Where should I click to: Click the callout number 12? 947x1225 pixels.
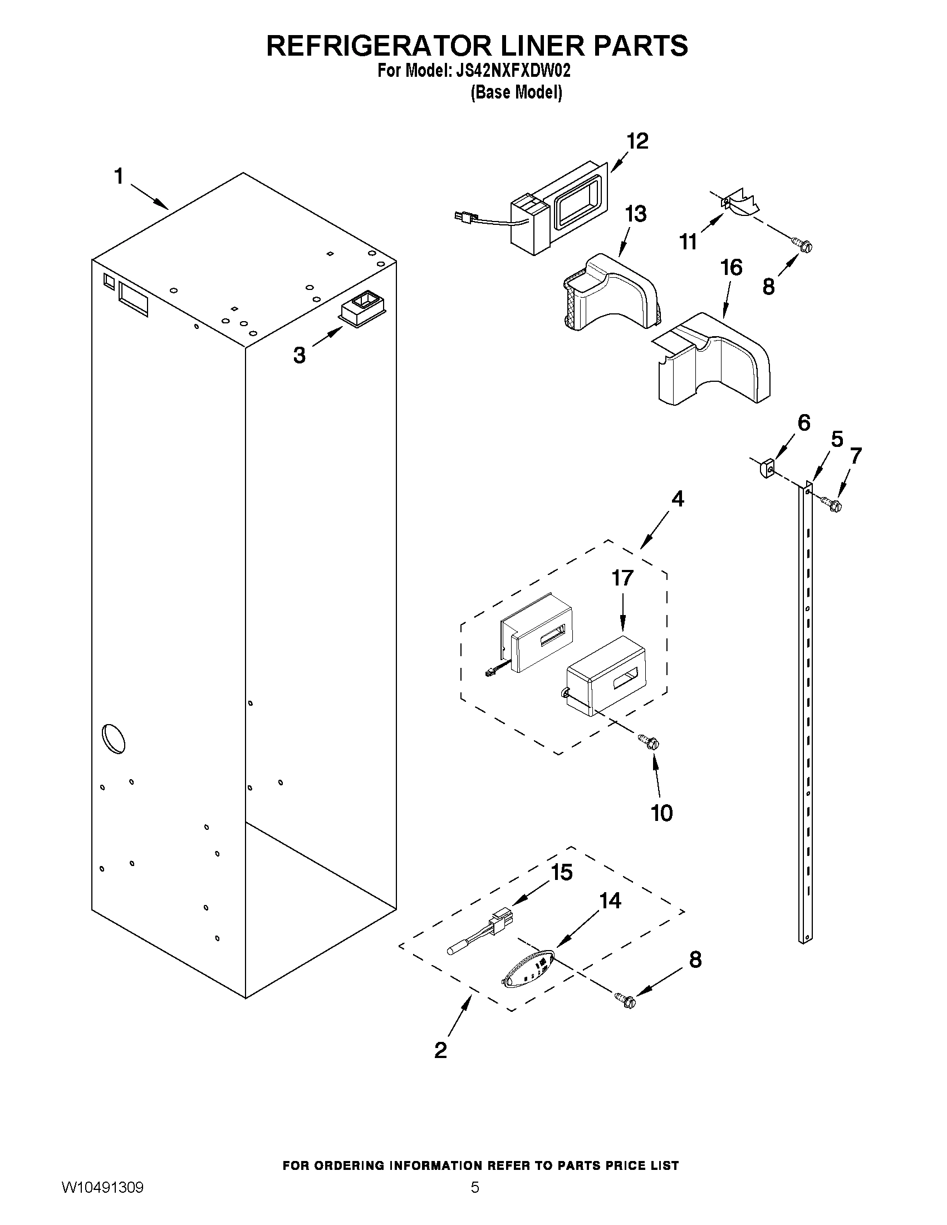click(637, 141)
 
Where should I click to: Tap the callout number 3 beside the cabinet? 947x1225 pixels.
click(300, 355)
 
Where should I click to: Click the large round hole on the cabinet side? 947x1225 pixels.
click(114, 739)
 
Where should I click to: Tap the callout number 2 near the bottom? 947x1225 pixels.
click(441, 1050)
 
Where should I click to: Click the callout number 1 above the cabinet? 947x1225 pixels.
click(119, 176)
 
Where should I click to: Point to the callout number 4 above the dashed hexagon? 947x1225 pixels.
click(678, 499)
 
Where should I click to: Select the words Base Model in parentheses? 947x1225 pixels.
click(516, 92)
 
